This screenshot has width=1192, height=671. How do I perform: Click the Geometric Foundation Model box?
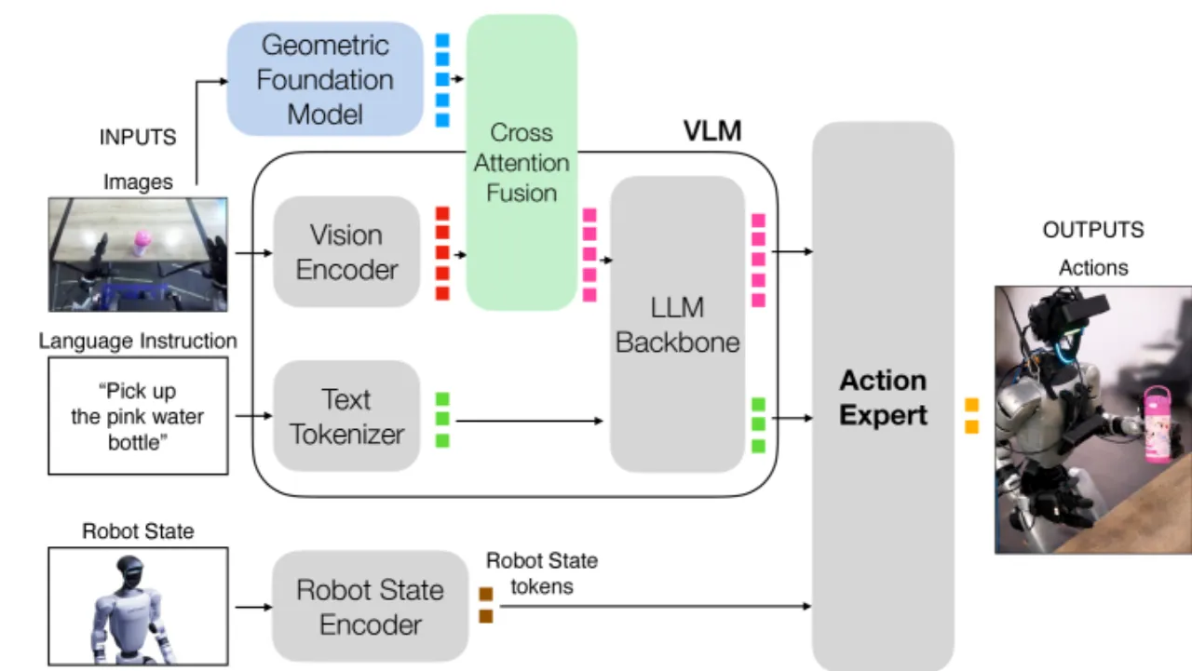click(325, 79)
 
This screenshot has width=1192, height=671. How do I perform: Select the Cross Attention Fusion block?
click(521, 162)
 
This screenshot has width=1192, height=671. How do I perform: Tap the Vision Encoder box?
click(346, 251)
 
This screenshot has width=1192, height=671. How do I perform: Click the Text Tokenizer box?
click(346, 416)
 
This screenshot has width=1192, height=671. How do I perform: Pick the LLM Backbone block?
click(677, 325)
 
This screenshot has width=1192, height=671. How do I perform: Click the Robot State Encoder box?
click(371, 606)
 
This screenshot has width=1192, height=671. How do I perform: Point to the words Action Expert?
click(884, 397)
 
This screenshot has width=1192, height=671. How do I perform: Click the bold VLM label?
click(712, 131)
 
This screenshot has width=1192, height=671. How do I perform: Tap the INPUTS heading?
click(138, 137)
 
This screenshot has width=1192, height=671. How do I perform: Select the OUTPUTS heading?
click(1093, 230)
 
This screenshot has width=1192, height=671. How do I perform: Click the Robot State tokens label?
click(542, 573)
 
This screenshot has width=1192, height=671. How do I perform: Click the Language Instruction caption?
click(138, 341)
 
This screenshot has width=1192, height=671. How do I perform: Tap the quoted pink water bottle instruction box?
click(139, 416)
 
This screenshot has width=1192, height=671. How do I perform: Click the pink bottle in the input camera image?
click(142, 243)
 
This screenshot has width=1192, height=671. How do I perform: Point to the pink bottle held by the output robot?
click(1158, 423)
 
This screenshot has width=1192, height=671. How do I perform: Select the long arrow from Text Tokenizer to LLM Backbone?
click(530, 421)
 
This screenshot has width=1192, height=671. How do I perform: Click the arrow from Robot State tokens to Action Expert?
click(656, 606)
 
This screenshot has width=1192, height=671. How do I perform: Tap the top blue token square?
click(442, 40)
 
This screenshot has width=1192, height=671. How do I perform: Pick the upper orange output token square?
click(971, 405)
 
